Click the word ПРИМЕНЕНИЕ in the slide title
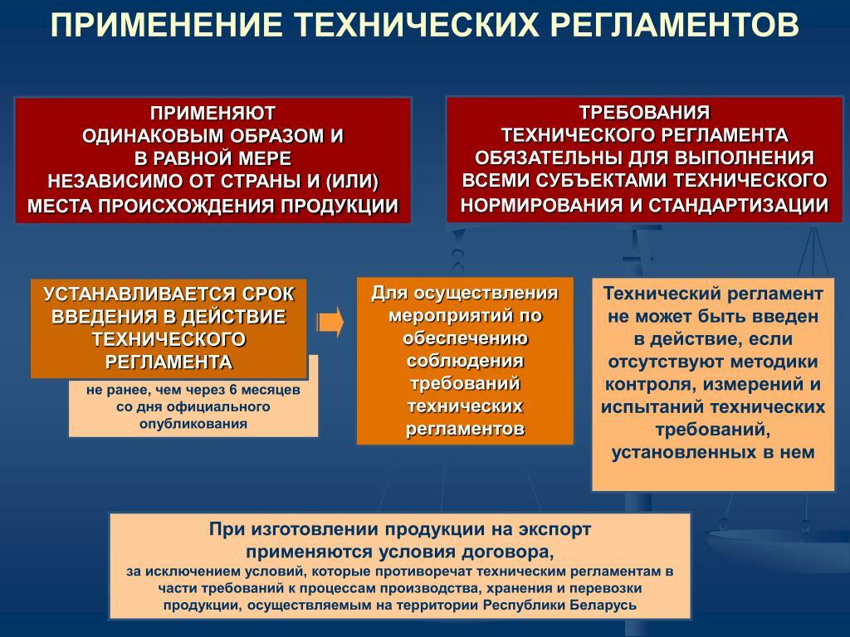[x=166, y=25]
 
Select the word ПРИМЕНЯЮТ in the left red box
[x=213, y=113]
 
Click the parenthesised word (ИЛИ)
[x=352, y=182]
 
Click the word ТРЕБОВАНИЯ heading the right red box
[x=644, y=112]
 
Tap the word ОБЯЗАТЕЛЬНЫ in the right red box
[x=549, y=158]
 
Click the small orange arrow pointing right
[x=330, y=323]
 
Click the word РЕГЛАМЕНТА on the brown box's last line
[x=169, y=362]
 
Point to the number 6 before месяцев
[x=233, y=390]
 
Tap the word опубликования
[x=193, y=424]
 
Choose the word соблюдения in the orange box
[x=465, y=361]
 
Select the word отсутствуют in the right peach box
[x=667, y=362]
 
